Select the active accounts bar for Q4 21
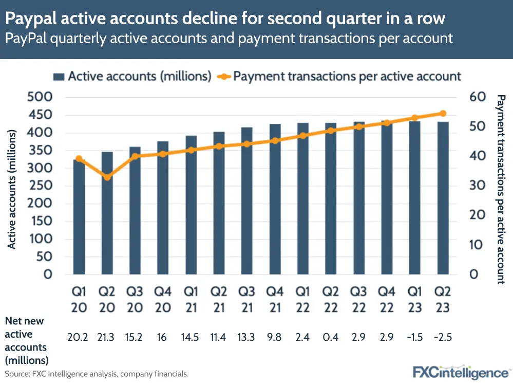click(275, 200)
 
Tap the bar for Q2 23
click(443, 200)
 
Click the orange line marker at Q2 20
click(107, 177)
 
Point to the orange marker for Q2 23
click(443, 114)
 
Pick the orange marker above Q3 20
click(135, 156)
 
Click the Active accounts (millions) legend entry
click(132, 77)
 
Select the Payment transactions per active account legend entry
click(339, 77)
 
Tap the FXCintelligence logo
click(461, 372)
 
